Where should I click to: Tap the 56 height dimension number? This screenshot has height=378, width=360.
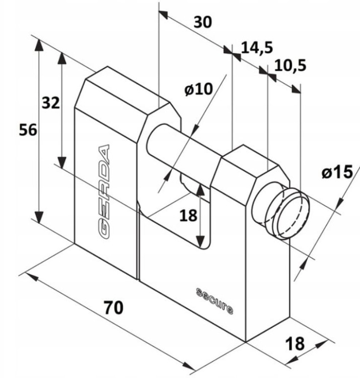click(x=28, y=130)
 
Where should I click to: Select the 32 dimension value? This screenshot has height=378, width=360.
click(x=50, y=103)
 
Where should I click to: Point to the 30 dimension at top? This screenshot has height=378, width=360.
click(x=203, y=22)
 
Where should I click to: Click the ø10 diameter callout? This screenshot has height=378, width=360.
click(x=199, y=90)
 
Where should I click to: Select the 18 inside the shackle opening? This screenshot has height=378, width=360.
click(x=188, y=216)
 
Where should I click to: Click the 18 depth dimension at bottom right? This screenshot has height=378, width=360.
click(x=295, y=344)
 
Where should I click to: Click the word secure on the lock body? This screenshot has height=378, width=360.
click(x=214, y=301)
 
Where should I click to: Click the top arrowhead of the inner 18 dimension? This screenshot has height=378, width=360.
click(x=201, y=188)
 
